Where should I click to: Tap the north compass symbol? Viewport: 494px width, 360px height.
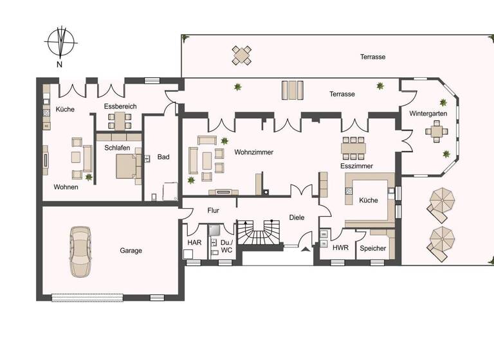coord(60,43)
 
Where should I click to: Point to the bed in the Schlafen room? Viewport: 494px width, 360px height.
coord(127,166)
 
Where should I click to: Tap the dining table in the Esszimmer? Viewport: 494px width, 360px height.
coord(353,147)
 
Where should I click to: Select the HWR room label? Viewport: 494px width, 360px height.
coord(340,248)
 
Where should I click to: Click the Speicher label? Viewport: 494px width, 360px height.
coord(373,248)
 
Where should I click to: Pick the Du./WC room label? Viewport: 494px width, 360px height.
coord(226,246)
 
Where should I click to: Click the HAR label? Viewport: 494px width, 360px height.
coord(194,242)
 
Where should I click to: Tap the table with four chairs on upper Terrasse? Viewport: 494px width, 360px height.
coord(242,55)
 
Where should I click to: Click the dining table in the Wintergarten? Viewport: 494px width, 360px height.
coord(437,132)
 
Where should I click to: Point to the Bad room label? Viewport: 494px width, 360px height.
coord(163,157)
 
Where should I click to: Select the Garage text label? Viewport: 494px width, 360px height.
coord(131,251)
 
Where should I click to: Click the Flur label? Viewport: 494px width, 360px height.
coord(214,210)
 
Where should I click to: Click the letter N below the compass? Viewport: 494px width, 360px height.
coord(59,64)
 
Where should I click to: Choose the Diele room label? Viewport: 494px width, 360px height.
coord(296,217)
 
